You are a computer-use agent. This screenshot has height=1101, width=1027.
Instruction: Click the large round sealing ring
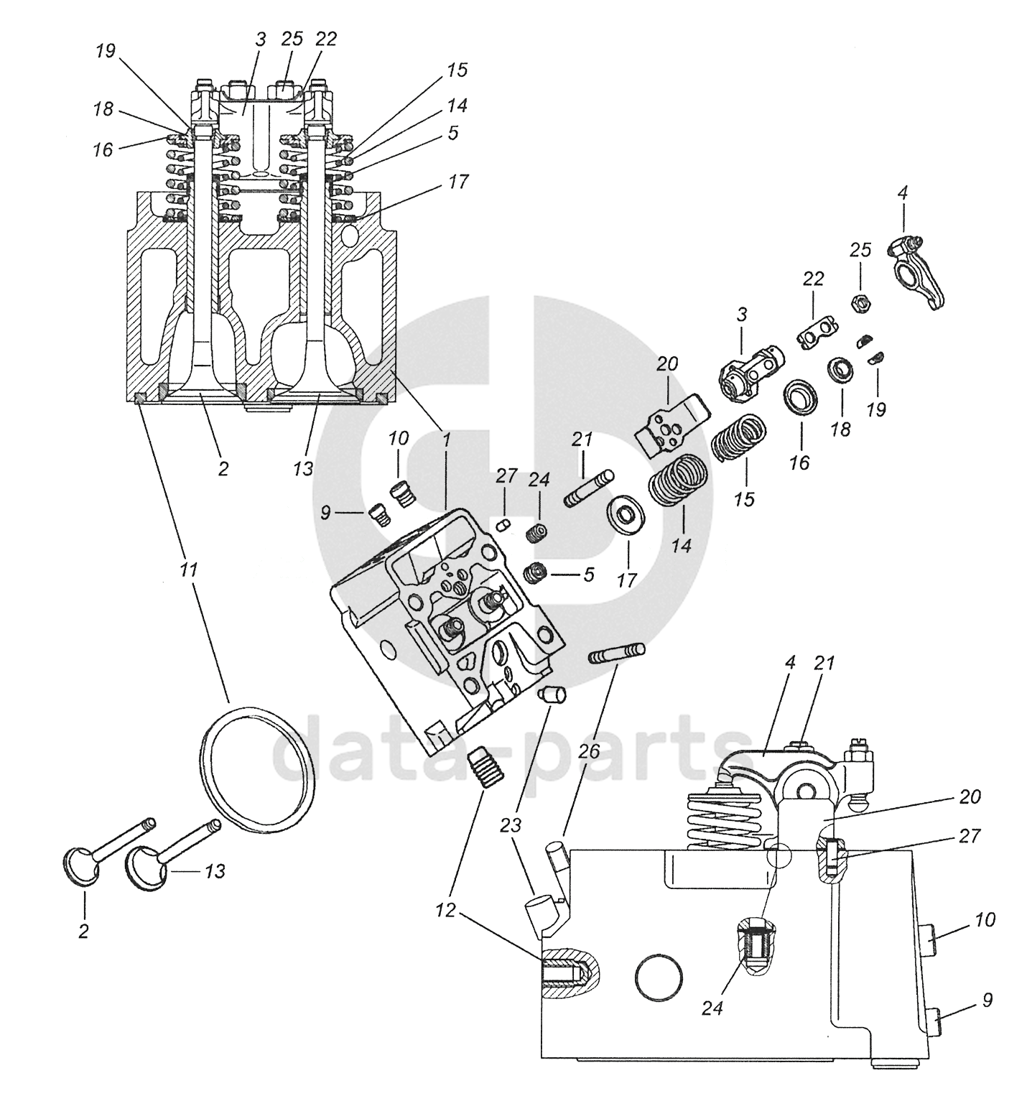click(x=256, y=770)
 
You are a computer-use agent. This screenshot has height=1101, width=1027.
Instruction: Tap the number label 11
click(x=188, y=570)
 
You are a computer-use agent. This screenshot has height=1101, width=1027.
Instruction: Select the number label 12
click(x=445, y=911)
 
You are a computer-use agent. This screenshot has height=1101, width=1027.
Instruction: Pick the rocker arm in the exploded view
click(x=919, y=272)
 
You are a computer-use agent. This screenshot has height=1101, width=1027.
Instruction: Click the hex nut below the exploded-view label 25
click(x=860, y=304)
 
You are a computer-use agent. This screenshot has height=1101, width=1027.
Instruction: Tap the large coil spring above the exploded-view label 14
click(x=679, y=480)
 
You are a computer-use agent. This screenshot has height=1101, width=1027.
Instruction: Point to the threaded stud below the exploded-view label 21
click(x=592, y=488)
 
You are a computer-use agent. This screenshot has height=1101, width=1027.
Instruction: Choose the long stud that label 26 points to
click(x=617, y=654)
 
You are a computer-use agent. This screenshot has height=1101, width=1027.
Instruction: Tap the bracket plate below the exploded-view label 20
click(x=672, y=425)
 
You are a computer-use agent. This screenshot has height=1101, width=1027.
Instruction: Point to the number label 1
click(x=445, y=438)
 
